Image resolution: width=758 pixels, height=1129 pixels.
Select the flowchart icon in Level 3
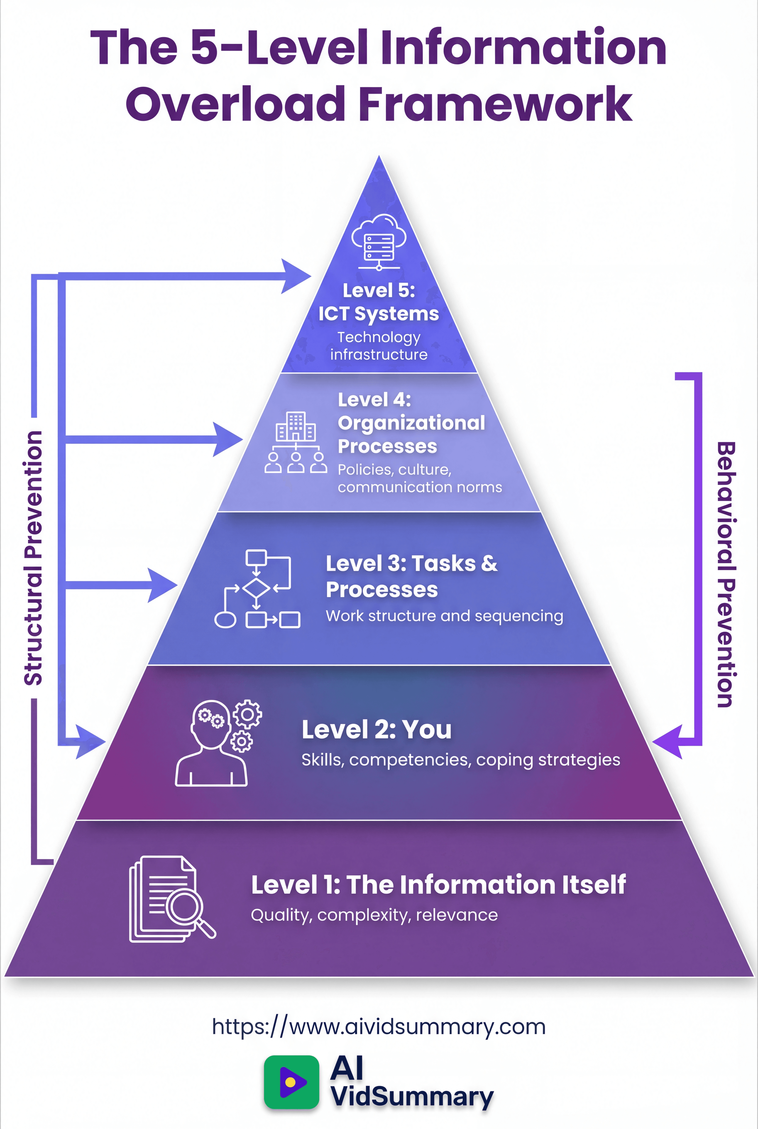pyautogui.click(x=257, y=588)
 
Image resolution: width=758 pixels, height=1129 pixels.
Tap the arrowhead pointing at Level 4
pyautogui.click(x=227, y=439)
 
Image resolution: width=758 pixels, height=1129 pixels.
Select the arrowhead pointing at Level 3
pyautogui.click(x=162, y=585)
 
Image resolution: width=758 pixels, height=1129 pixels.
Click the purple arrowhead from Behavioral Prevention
pyautogui.click(x=667, y=742)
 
